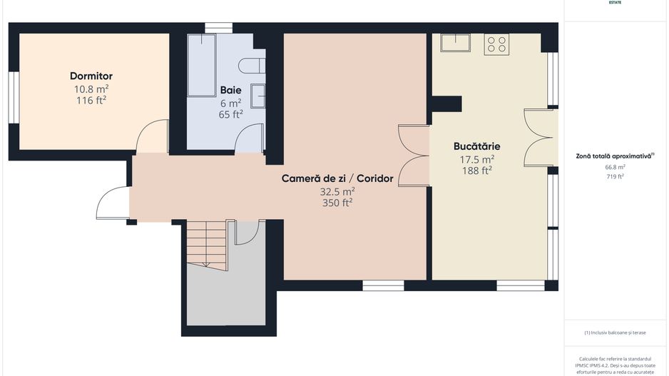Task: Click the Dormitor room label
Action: coord(91,76)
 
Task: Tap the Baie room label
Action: coord(230,91)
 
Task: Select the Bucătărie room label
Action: coord(476,147)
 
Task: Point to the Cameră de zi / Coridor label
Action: coord(337,179)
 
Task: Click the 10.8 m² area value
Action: coord(91,89)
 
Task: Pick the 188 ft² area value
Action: coord(476,171)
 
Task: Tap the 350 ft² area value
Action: coord(337,203)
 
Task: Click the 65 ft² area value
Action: coord(230,114)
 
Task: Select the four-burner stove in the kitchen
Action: coord(496,44)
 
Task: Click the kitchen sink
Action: coord(454,43)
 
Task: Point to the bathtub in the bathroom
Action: coord(202,65)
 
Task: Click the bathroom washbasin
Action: coord(259,95)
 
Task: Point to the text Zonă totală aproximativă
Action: coord(613,155)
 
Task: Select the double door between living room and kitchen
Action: coord(414,156)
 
